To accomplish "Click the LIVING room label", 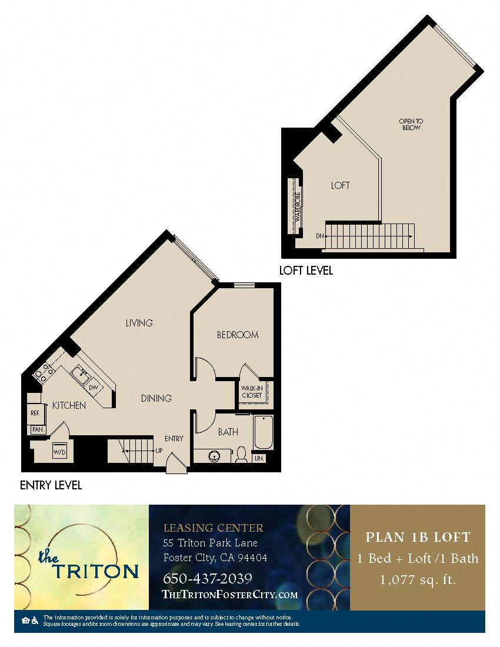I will coord(139,323).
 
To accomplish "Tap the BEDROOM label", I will coord(238,335).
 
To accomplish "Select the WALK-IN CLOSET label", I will coord(252,392).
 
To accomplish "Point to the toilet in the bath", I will coord(241,454).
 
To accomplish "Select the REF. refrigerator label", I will coord(35,413).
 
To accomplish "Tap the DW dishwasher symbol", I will coord(94,388).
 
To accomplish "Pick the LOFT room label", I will coord(340,185).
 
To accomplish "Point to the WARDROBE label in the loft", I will coord(298,206).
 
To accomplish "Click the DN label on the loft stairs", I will coord(319,236).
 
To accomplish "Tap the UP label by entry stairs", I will coord(159,451).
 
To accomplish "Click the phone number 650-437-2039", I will coord(207,578).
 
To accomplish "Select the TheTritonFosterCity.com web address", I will coord(229,595).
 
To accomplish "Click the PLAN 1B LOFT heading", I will coord(418,537).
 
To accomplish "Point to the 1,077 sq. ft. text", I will coord(418,580).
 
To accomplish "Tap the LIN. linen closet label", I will coord(259,458).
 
